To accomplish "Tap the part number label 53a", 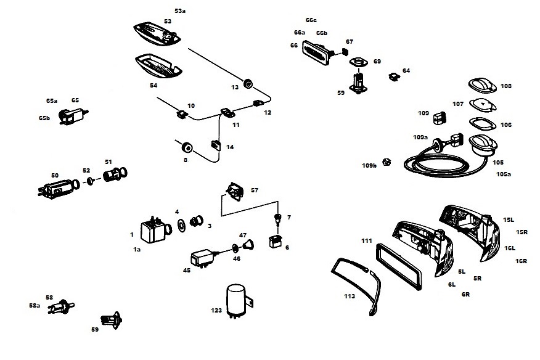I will coord(180,11).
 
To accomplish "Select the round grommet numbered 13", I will coord(249,83).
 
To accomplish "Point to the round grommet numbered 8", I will coord(186,147).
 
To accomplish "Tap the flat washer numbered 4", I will coord(182,223).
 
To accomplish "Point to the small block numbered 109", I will coord(440,117).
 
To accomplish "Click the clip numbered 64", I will coord(393,76).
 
